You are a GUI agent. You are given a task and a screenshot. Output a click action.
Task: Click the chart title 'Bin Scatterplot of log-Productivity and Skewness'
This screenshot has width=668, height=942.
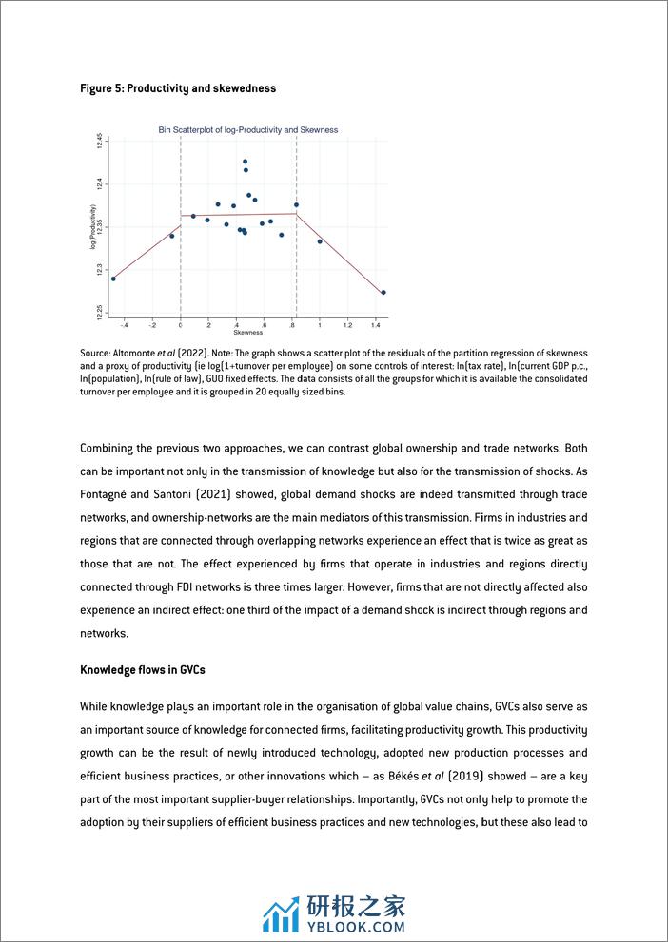click(x=247, y=130)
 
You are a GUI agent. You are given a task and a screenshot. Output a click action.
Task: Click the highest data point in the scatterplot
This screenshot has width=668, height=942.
click(x=245, y=162)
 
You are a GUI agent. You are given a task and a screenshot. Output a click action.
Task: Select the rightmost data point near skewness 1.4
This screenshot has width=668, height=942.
click(x=383, y=293)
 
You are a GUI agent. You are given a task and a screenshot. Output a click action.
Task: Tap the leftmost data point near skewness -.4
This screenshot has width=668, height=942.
click(x=113, y=279)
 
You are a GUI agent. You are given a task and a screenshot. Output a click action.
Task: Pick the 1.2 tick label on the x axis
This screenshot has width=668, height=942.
click(x=347, y=325)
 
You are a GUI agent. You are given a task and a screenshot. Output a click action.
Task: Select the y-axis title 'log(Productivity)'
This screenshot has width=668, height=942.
click(x=93, y=227)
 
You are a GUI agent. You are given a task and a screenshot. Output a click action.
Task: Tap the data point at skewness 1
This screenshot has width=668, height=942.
click(x=320, y=241)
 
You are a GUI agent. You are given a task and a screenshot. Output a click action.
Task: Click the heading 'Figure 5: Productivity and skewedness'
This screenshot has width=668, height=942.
click(x=178, y=88)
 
